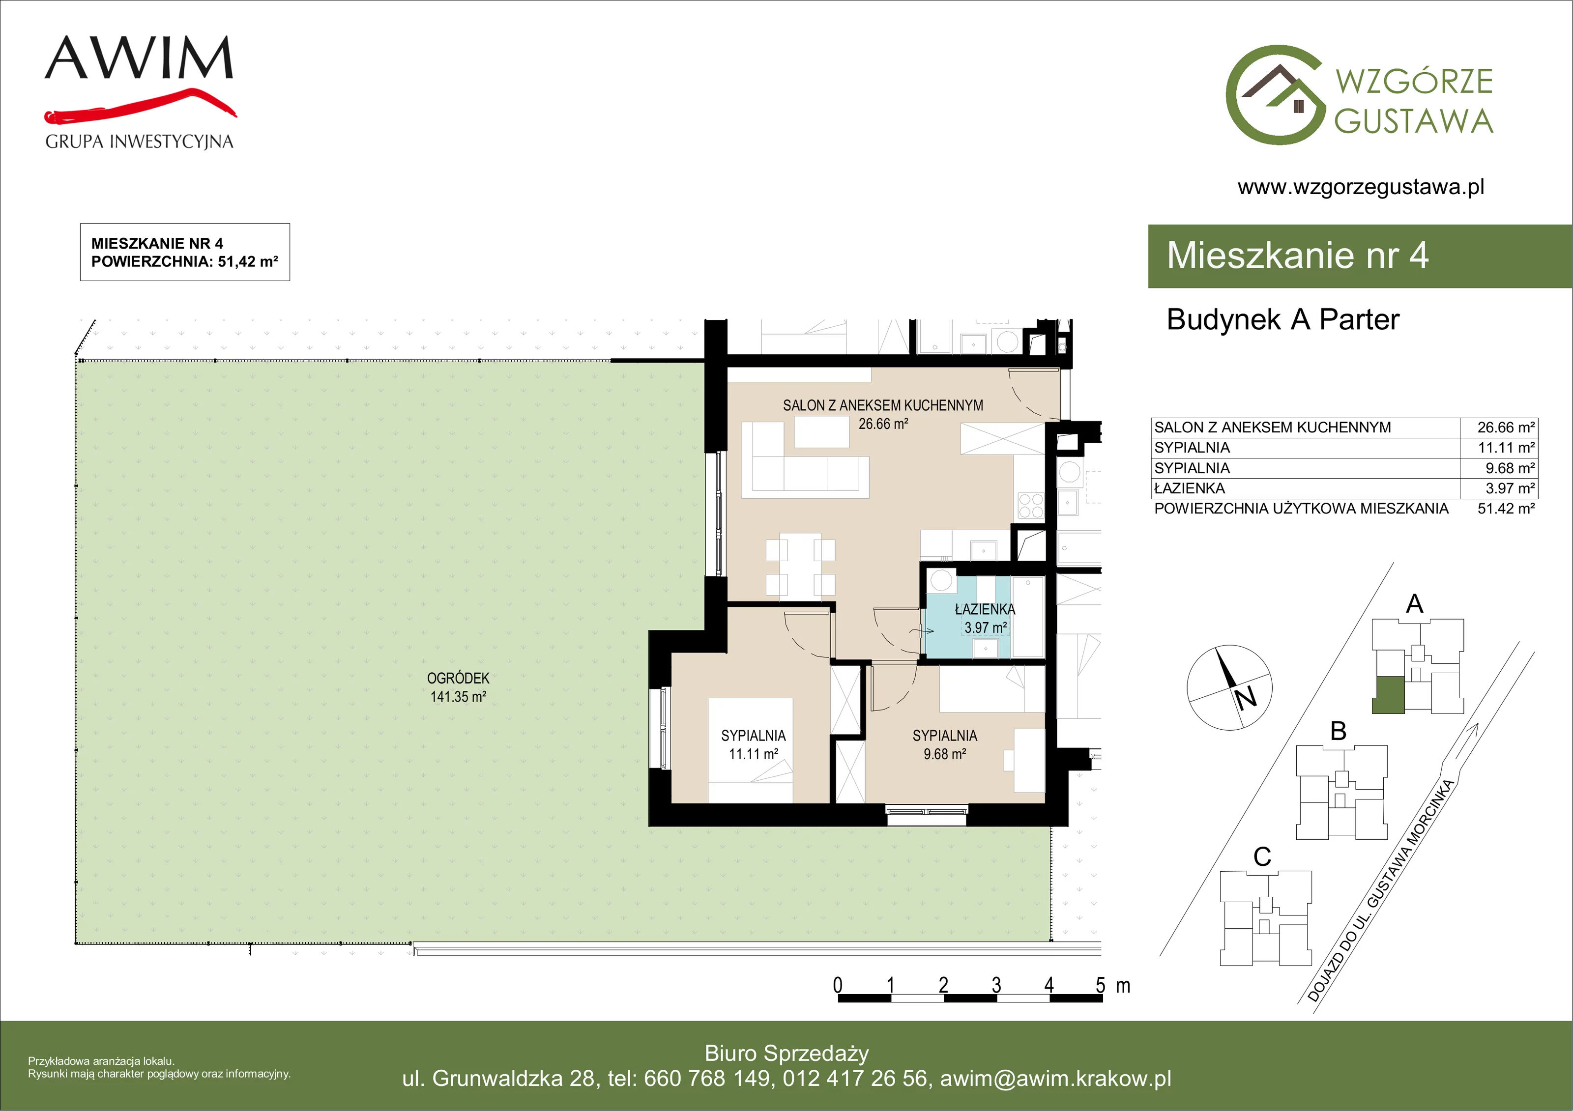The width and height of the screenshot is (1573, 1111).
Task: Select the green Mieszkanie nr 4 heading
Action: point(1298,255)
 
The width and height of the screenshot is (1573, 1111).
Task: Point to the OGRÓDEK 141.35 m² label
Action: point(458,687)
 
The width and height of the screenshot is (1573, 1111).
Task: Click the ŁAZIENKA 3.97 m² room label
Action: point(985,618)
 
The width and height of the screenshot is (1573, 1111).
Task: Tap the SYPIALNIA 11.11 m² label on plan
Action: point(753,744)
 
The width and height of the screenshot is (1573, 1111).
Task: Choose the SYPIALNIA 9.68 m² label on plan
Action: point(945,744)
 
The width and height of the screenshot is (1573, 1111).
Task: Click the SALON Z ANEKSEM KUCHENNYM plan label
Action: point(883,405)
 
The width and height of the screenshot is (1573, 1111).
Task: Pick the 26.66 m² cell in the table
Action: point(1506,427)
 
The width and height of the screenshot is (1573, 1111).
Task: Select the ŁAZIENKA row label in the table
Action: point(1190,488)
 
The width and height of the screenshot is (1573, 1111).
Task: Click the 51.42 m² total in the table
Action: point(1506,508)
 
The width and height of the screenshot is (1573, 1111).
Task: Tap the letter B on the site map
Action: point(1338,731)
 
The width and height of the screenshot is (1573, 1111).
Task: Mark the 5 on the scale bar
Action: point(1100,985)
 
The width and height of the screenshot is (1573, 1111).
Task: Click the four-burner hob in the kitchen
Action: point(1030,506)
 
